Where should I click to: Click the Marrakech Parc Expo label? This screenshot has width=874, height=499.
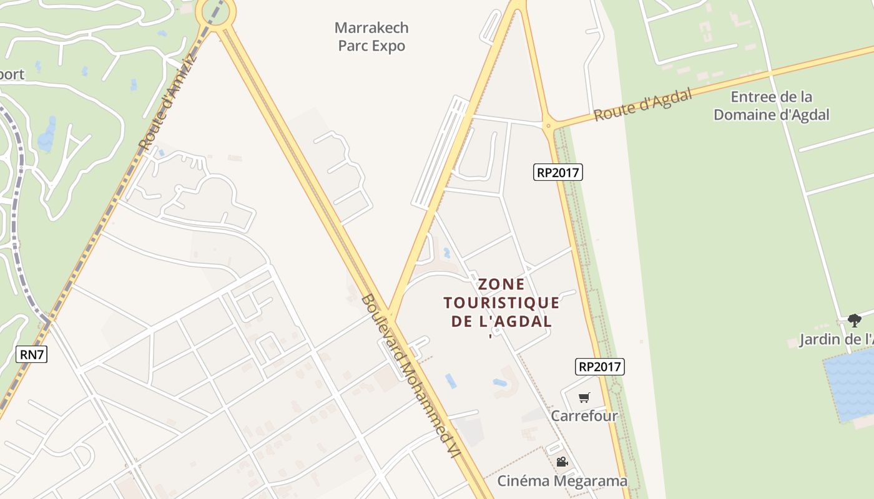point(371,37)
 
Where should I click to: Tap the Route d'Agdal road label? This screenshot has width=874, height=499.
point(642,105)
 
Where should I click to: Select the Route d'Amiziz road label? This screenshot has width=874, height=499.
point(167,103)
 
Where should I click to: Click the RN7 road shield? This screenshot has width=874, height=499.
point(31,354)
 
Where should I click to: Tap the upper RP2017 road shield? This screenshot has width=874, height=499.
point(557,172)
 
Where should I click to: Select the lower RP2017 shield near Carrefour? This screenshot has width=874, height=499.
point(600,367)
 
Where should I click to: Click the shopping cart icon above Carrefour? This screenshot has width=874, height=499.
point(584,398)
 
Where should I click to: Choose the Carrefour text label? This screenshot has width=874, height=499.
point(584,415)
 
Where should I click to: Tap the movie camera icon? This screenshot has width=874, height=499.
point(562,462)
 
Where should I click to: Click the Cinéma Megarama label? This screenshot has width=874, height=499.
point(562,481)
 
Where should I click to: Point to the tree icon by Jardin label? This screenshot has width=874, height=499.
point(854,321)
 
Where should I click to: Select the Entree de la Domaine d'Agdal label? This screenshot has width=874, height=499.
point(772,106)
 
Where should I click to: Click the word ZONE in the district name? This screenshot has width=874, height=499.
point(501,284)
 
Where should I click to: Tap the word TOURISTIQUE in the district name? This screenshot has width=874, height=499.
point(501,303)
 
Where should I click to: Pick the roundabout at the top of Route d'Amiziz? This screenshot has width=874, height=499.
point(215,12)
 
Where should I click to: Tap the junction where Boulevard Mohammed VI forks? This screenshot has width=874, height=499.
point(388,315)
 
